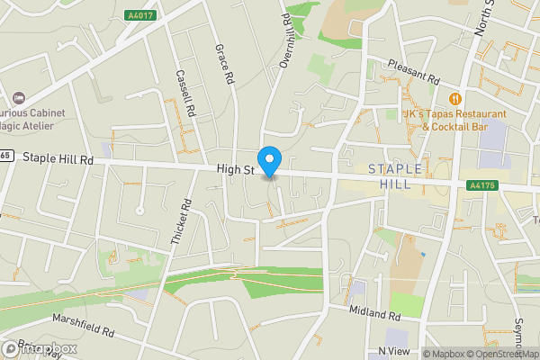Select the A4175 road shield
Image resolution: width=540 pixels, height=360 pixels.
pyautogui.click(x=481, y=185)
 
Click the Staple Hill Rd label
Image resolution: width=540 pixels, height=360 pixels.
pyautogui.click(x=58, y=158)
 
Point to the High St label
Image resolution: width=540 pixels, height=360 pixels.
pyautogui.click(x=236, y=168)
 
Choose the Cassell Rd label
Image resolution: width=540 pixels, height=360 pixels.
pyautogui.click(x=186, y=94)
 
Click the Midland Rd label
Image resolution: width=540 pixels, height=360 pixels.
pyautogui.click(x=375, y=313)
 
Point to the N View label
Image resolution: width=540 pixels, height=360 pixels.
pyautogui.click(x=393, y=350)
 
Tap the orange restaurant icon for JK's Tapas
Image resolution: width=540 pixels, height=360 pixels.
pyautogui.click(x=455, y=98)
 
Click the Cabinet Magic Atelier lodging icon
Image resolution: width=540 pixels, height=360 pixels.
pyautogui.click(x=18, y=97)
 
